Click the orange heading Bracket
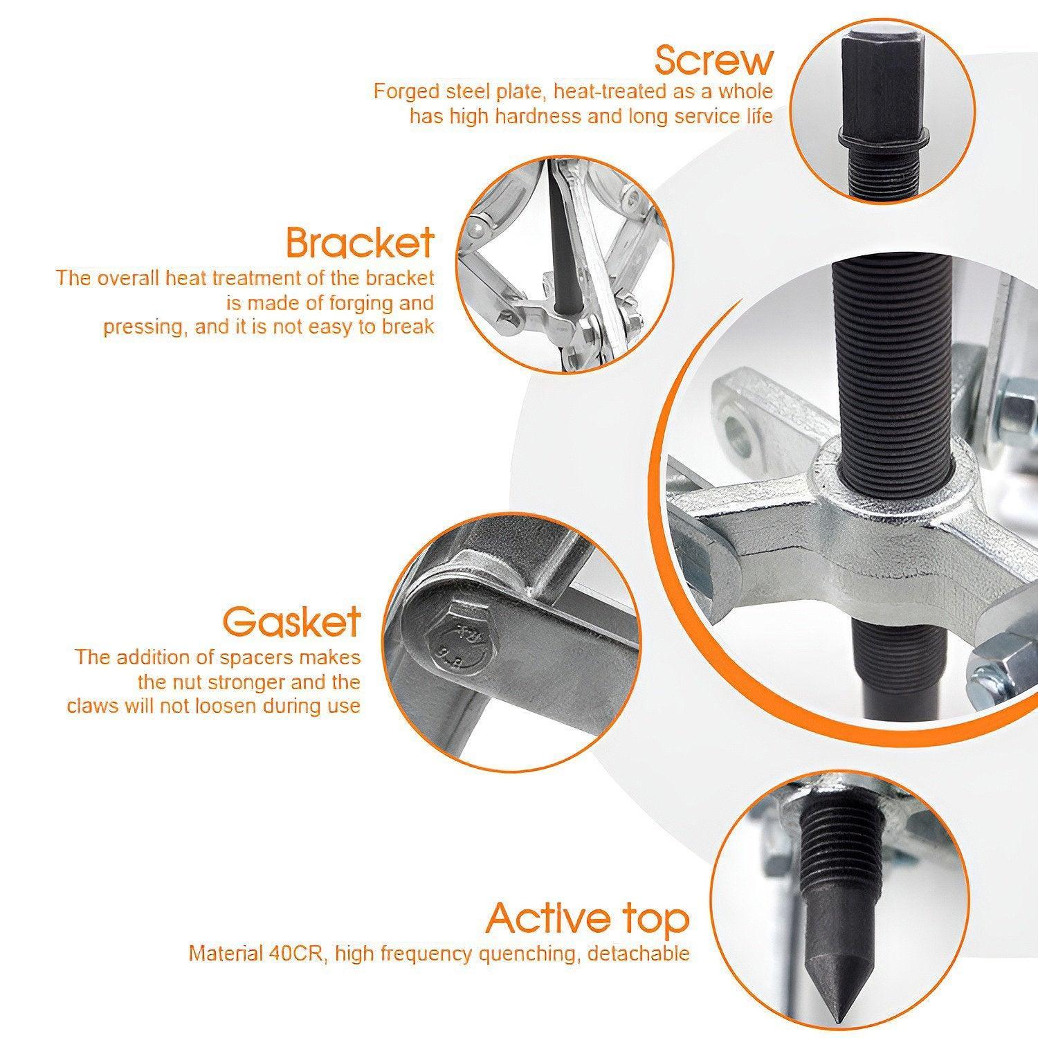tap(361, 242)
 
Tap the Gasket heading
tap(291, 621)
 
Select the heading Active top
tap(588, 918)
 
